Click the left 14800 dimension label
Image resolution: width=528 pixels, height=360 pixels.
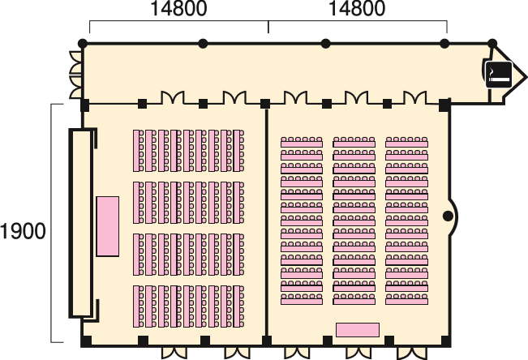[178, 8]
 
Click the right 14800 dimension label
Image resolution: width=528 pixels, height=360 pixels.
[357, 8]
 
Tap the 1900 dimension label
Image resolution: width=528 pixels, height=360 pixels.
[23, 231]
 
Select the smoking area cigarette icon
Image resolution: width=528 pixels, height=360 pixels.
[499, 75]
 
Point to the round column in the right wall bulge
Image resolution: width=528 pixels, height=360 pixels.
[448, 216]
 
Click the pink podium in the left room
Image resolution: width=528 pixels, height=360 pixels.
[107, 226]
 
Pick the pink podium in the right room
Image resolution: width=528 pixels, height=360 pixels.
[358, 330]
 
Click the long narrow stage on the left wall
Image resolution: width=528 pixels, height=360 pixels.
[81, 223]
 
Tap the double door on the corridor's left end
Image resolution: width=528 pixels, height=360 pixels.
[75, 75]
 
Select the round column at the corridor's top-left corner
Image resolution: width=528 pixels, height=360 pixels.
[83, 44]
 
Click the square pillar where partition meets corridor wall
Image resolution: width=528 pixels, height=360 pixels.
[265, 104]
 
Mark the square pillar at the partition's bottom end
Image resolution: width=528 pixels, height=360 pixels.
[266, 341]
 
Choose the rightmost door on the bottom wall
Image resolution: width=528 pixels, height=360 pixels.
[412, 353]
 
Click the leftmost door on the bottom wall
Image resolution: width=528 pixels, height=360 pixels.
[174, 353]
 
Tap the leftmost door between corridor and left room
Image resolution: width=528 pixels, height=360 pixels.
[173, 97]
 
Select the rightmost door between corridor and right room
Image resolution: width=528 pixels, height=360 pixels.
[415, 97]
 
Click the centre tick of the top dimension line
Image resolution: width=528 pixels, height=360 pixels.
[268, 27]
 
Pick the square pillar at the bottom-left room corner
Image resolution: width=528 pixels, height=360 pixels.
[86, 341]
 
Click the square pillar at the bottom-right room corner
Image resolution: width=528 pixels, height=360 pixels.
[445, 341]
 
